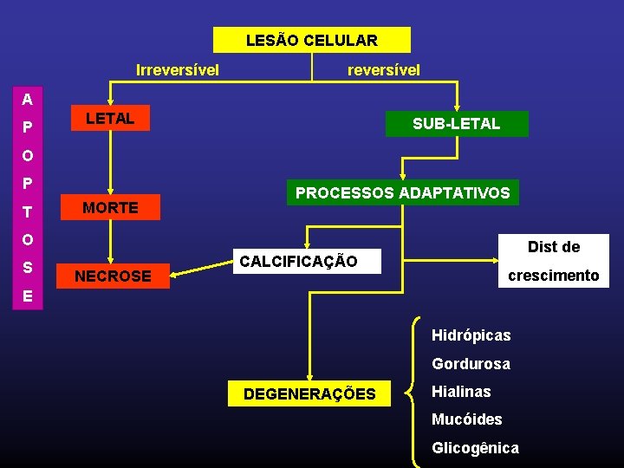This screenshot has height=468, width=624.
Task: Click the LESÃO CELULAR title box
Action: click(312, 40)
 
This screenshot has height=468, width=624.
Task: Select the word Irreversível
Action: click(178, 69)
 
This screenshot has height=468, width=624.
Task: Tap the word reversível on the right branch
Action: click(384, 69)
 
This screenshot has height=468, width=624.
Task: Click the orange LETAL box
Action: click(110, 119)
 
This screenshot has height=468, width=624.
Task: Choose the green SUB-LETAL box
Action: click(456, 124)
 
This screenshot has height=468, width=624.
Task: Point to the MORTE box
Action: click(110, 208)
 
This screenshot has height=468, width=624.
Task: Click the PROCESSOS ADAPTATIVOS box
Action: click(402, 192)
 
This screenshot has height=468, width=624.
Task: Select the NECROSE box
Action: click(113, 276)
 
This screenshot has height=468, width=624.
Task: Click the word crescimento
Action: click(553, 276)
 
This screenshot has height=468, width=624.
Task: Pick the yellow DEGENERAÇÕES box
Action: click(309, 394)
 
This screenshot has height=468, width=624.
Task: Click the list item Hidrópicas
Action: click(471, 335)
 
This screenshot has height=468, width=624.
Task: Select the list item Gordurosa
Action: click(471, 364)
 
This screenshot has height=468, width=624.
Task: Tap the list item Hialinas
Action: click(461, 392)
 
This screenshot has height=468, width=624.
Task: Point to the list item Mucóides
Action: click(466, 419)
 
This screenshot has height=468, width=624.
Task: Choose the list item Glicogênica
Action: click(475, 448)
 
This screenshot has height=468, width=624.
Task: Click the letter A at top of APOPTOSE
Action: click(28, 99)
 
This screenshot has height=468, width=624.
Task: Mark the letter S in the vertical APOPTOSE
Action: click(28, 268)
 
